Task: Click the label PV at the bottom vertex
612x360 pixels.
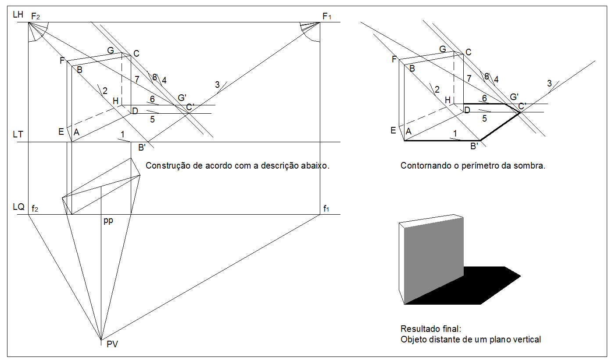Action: pyautogui.click(x=112, y=344)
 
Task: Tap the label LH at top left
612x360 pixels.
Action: pyautogui.click(x=18, y=14)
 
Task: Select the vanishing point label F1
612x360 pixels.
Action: pyautogui.click(x=327, y=16)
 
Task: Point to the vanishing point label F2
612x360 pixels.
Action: pyautogui.click(x=36, y=16)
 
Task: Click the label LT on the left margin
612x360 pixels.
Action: pyautogui.click(x=18, y=135)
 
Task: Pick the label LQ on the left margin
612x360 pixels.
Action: pyautogui.click(x=18, y=207)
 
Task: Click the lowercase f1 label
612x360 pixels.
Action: pyautogui.click(x=326, y=209)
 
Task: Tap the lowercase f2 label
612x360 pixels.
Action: pyautogui.click(x=35, y=209)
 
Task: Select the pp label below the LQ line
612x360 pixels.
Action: pyautogui.click(x=108, y=220)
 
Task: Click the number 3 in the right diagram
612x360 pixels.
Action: pyautogui.click(x=549, y=83)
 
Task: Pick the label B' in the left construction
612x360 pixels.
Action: pyautogui.click(x=142, y=148)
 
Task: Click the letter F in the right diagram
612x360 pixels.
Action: pyautogui.click(x=394, y=59)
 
